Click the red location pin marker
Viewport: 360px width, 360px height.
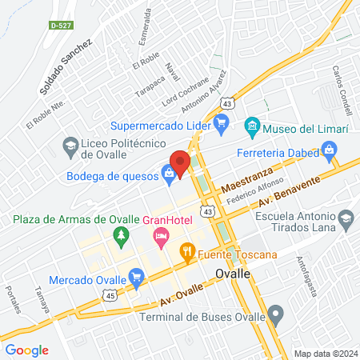[x=182, y=160]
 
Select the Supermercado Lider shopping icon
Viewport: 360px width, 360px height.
[x=222, y=124]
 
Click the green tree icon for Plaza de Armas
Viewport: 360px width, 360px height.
[x=120, y=235]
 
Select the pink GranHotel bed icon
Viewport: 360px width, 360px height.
[x=161, y=235]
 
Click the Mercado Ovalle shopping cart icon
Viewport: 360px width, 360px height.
[x=136, y=279]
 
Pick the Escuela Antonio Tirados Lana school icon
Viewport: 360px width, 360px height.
[x=346, y=218]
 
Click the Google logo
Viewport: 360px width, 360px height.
[x=26, y=350]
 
